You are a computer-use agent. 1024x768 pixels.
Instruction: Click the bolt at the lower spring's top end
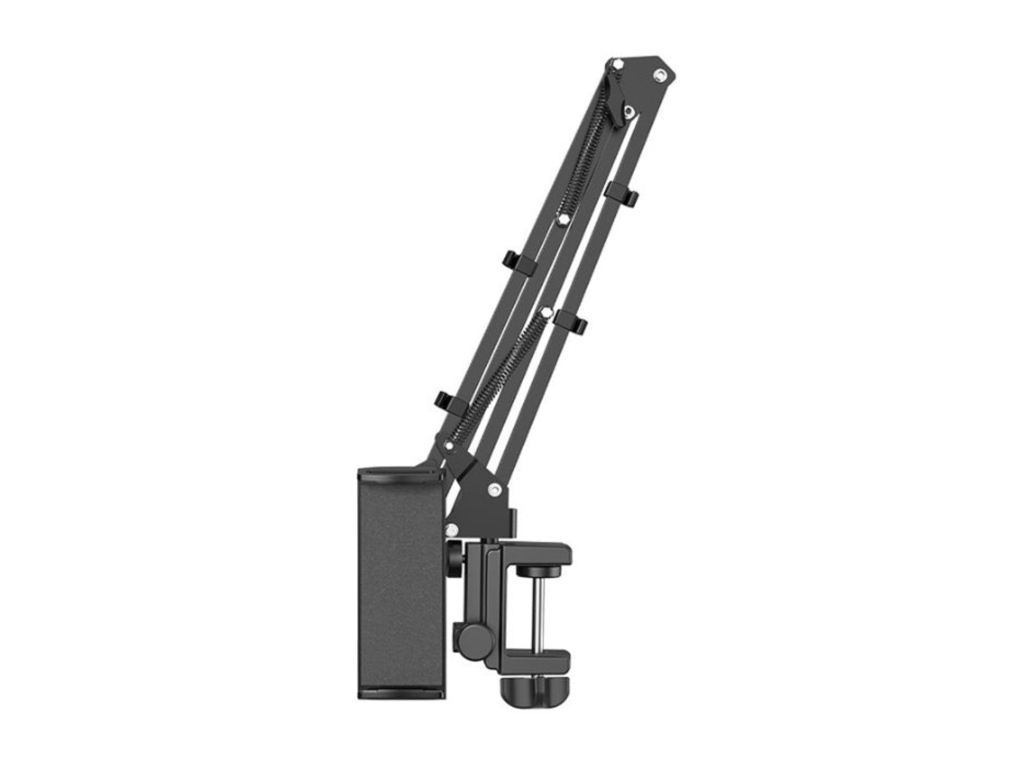(x=545, y=310)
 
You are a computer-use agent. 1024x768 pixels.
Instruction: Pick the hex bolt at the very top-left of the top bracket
(x=618, y=65)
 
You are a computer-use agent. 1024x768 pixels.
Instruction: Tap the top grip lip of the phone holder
(x=400, y=473)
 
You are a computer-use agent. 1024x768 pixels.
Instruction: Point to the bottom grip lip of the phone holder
(x=400, y=692)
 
